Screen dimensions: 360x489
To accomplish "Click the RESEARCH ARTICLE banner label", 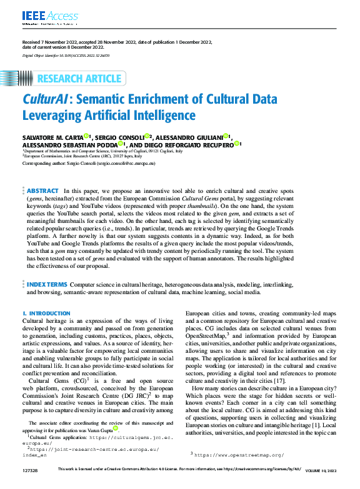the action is click(79, 79).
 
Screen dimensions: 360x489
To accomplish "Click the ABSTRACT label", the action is click(42, 190).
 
